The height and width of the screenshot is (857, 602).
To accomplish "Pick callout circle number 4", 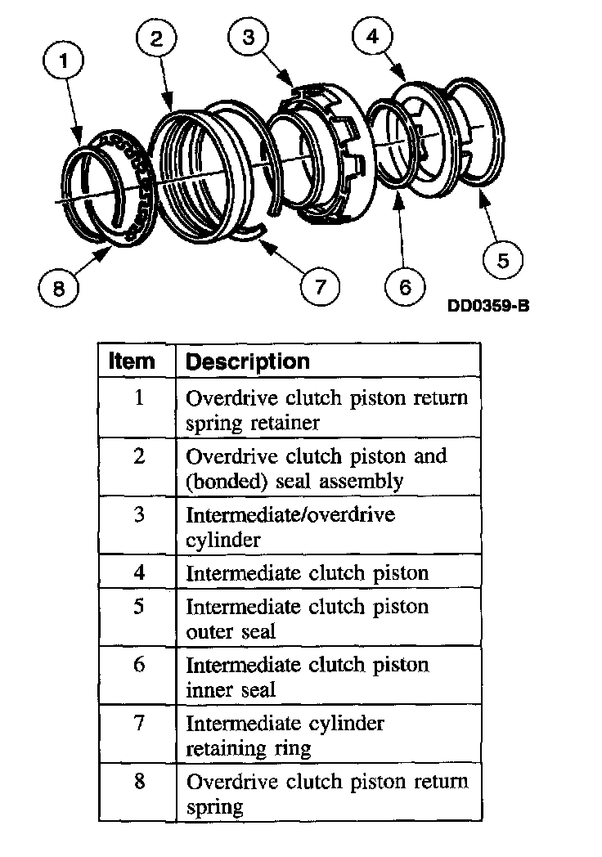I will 372,38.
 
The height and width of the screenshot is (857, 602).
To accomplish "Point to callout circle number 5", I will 503,260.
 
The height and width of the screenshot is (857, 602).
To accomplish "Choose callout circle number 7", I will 320,285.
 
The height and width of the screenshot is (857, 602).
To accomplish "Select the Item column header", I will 132,361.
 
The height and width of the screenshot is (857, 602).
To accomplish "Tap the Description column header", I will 248,361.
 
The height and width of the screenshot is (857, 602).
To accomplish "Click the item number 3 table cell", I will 138,514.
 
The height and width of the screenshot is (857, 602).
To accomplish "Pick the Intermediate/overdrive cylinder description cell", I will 290,527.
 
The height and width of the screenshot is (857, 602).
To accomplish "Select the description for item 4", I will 308,572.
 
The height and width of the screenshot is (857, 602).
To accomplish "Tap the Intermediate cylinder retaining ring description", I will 285,735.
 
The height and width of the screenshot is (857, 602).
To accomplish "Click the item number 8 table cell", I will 138,781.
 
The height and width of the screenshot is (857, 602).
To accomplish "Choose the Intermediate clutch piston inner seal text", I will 308,677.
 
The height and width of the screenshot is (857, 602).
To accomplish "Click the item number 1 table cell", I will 138,398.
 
